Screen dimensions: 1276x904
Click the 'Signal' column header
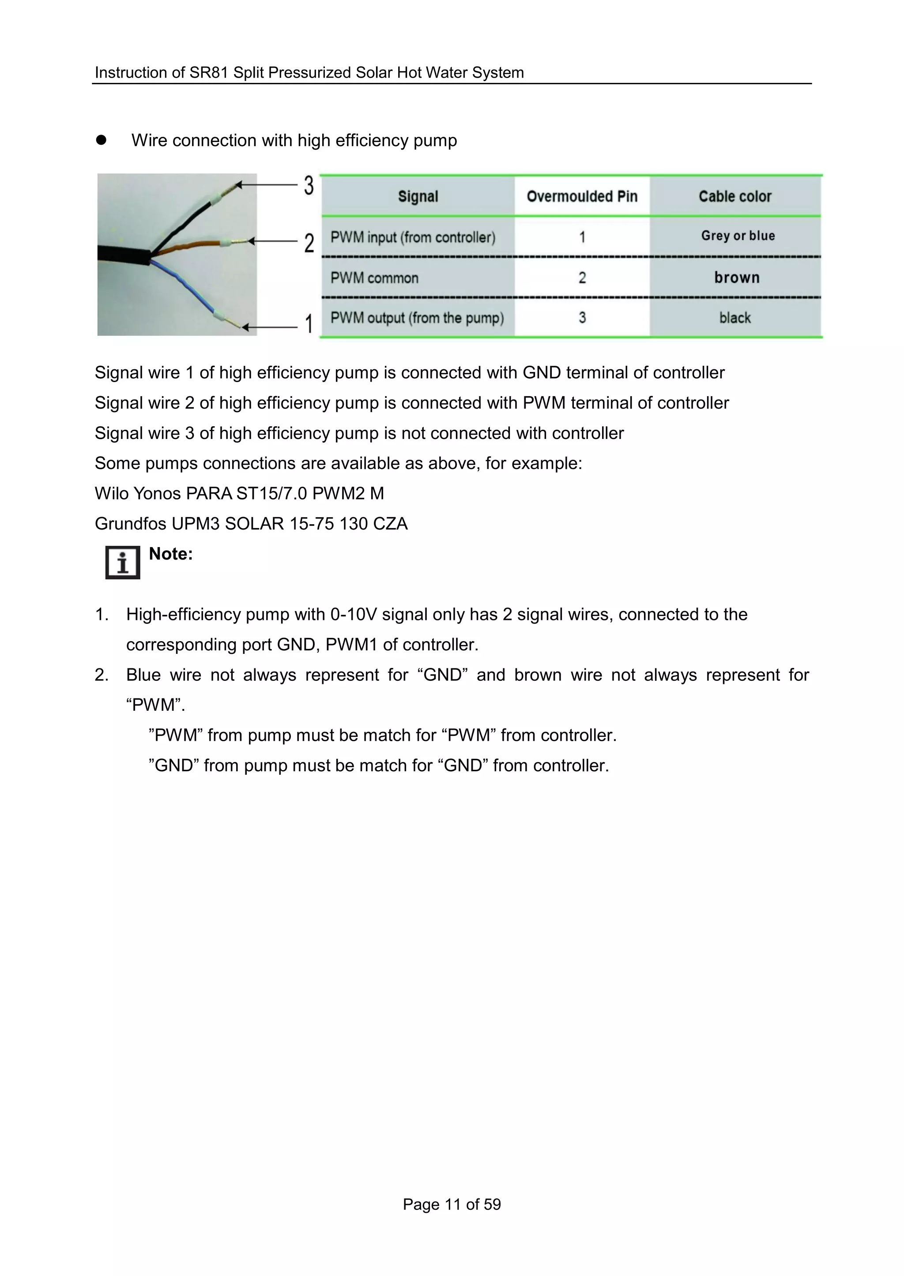coord(418,196)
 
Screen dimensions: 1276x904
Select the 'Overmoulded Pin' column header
coord(582,196)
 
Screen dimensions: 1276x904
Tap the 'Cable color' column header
coord(735,196)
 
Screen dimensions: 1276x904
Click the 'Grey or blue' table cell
coord(738,236)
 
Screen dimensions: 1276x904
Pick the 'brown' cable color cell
coord(736,277)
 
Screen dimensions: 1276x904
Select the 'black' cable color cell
coord(735,318)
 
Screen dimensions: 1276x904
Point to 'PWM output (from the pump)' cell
coord(417,318)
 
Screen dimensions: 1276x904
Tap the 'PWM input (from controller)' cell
coord(412,238)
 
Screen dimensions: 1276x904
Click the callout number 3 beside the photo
coord(309,185)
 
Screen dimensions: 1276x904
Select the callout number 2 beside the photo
coord(309,243)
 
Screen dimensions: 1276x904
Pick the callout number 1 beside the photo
coord(309,323)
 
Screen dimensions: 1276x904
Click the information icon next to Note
coord(122,563)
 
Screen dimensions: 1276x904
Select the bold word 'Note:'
coord(170,554)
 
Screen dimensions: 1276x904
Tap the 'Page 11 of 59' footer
coord(452,1204)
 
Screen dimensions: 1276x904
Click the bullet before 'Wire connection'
coord(101,140)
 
